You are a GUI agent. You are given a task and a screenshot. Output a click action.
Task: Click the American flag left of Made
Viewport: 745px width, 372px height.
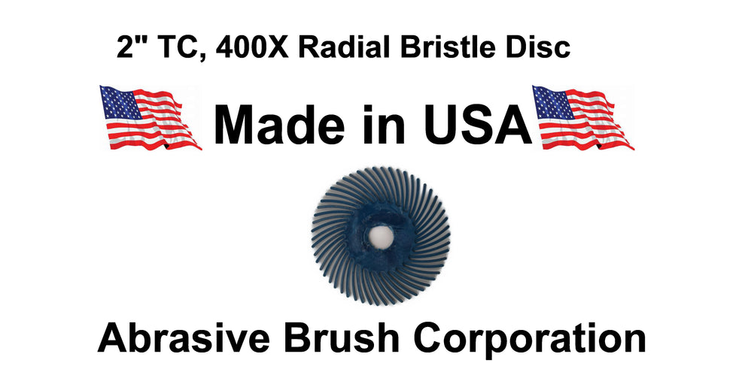click(150, 118)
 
